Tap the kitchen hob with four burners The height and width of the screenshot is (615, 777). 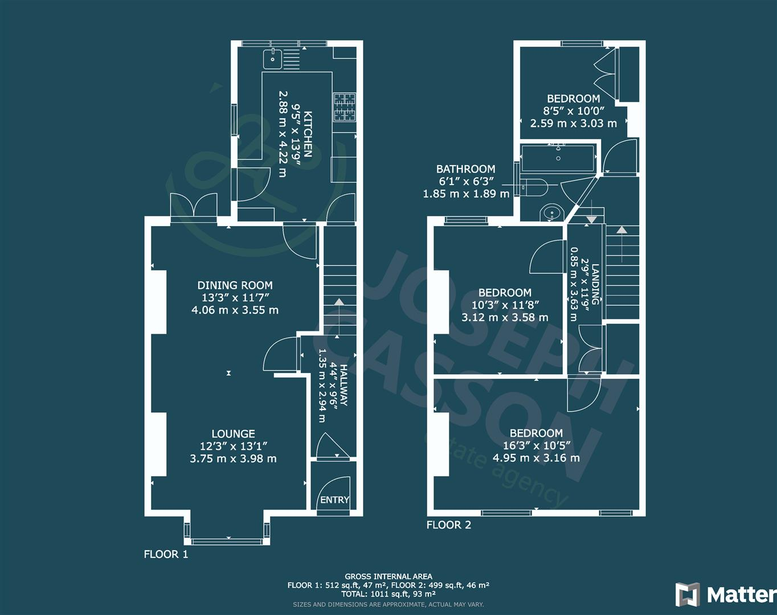pos(344,107)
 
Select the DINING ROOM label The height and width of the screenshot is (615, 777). pos(235,285)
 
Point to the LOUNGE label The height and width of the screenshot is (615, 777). pos(233,434)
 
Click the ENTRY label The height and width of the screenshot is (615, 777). pos(334,499)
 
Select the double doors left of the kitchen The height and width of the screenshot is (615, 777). pos(194,205)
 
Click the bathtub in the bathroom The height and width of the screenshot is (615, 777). pos(558,158)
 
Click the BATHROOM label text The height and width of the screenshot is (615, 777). pos(465,169)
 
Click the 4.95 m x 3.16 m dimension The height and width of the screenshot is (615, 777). pos(536,458)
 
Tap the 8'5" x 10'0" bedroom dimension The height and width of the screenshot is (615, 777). pos(573,111)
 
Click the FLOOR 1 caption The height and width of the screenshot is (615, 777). pos(166,554)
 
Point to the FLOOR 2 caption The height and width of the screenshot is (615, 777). pos(449,525)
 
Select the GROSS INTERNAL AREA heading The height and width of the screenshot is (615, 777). pos(389,576)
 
